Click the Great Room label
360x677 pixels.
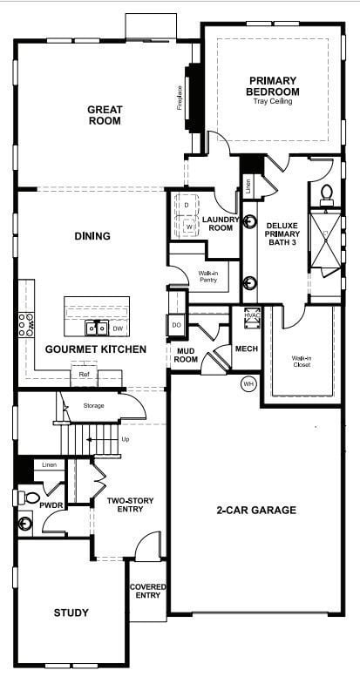tap(105, 115)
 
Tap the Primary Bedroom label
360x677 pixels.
tap(273, 86)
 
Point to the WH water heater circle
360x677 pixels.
tap(248, 383)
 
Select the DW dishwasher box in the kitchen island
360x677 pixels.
tap(117, 328)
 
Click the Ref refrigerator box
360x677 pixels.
tap(84, 375)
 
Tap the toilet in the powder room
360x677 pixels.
tap(30, 498)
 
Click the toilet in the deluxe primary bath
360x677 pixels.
tap(329, 193)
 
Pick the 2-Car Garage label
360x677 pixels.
tap(256, 511)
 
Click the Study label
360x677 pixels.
tap(71, 613)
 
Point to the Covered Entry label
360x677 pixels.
tap(147, 592)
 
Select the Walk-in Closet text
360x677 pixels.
tap(302, 361)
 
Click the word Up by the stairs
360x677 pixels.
tap(126, 439)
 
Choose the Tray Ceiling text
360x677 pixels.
tap(274, 101)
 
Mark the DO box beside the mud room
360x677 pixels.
tap(176, 325)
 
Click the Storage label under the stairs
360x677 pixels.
tap(94, 405)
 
